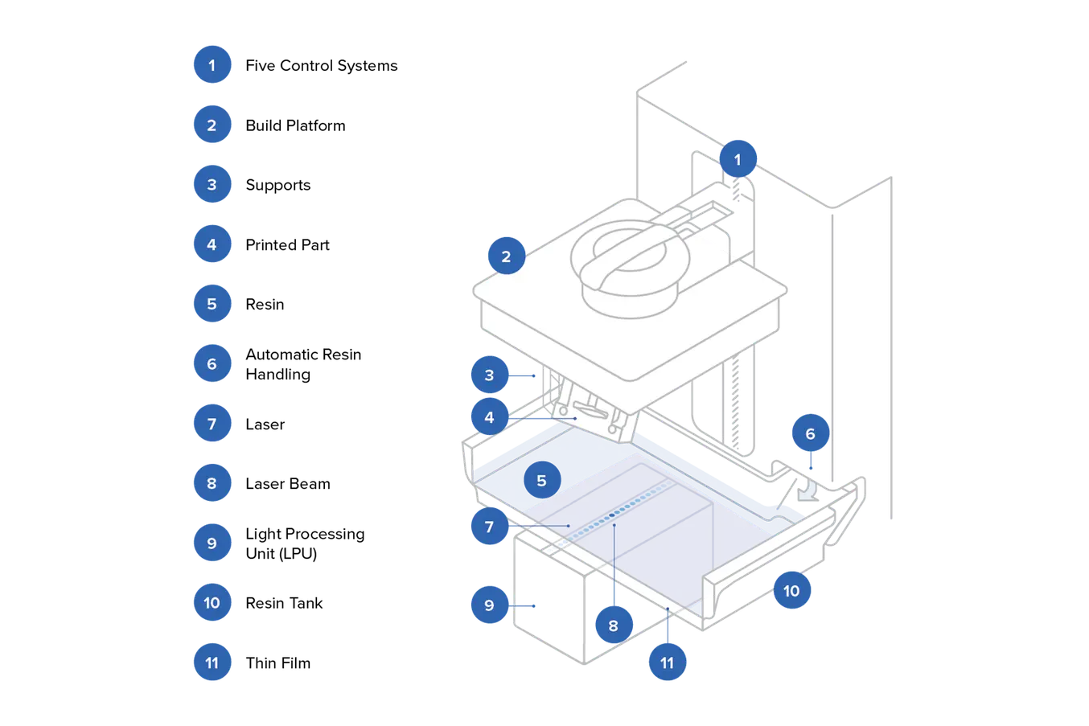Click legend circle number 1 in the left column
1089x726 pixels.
[212, 65]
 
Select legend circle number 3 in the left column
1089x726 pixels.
[212, 184]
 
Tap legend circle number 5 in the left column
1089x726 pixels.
[212, 304]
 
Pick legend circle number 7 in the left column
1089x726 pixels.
[212, 423]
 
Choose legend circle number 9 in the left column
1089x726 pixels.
[212, 543]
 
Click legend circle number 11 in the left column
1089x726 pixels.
[212, 662]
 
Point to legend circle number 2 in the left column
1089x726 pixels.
[212, 125]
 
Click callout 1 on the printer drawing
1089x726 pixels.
[738, 159]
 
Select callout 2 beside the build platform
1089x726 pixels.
[506, 256]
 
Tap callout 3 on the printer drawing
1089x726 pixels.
[489, 375]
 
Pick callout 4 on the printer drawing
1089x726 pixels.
[489, 418]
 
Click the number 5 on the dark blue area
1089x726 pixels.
[541, 481]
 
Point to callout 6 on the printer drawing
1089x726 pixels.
[810, 434]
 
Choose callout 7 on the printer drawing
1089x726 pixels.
[489, 527]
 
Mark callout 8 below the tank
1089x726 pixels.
[613, 625]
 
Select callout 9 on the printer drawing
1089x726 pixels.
[489, 605]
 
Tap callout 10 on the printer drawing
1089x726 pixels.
[791, 591]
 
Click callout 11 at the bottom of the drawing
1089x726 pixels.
[667, 662]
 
